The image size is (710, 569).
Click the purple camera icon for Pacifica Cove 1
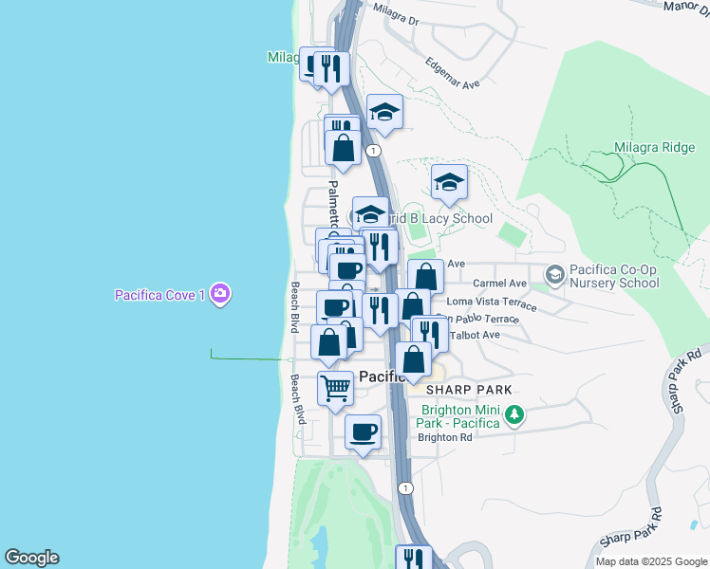click(x=220, y=294)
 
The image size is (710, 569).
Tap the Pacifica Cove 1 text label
click(x=160, y=295)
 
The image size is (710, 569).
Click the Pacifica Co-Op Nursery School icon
click(x=554, y=275)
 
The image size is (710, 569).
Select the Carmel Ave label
click(x=499, y=283)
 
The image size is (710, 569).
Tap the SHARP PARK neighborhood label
click(x=468, y=390)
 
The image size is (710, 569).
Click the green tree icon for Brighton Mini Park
click(x=514, y=414)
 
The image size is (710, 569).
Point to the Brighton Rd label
click(x=445, y=437)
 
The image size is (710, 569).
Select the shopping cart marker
click(x=335, y=388)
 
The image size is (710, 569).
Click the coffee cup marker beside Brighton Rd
click(x=363, y=432)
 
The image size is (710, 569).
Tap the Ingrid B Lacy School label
click(x=442, y=218)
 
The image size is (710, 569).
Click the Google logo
click(x=31, y=558)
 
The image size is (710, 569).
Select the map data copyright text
click(x=650, y=561)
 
